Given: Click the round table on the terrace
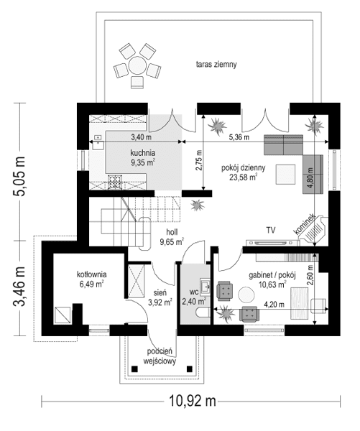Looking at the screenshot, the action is [137, 65].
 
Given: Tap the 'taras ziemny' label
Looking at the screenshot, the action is [216, 65].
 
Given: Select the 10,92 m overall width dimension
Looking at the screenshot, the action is [192, 401].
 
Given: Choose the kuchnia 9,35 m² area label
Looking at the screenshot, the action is [143, 157].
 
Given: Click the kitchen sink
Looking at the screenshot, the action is [98, 142].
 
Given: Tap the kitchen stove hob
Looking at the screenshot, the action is [114, 182].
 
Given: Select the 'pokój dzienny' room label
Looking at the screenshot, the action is [244, 167].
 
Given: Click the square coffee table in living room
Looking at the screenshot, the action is [286, 175].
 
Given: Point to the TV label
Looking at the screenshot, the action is [271, 230].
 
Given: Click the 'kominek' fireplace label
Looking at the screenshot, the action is [304, 225].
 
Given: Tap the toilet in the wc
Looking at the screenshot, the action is [203, 312].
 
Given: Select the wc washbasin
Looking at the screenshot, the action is [205, 287].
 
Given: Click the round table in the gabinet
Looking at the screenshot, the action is [246, 295].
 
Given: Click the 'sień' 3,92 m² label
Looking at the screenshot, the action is [160, 297].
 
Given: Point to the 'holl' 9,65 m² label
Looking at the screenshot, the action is [172, 237].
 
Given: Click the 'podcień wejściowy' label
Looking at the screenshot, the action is [160, 356].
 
